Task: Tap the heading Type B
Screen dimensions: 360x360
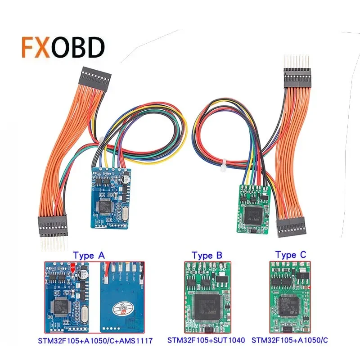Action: pos(207,255)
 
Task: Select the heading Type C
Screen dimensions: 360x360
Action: pos(292,255)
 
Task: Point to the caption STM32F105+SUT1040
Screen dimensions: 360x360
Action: pos(206,341)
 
